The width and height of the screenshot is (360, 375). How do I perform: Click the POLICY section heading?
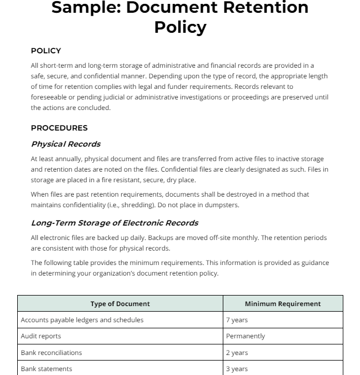point(46,51)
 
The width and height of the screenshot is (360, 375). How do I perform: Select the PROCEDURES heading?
point(59,128)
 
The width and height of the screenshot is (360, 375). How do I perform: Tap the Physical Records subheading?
point(66,144)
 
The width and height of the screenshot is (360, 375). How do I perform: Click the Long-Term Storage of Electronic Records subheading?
point(114,223)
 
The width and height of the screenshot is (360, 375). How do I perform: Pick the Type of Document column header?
point(120,304)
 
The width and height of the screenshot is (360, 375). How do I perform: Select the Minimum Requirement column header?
point(283,304)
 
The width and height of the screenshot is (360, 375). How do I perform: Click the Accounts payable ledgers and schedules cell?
point(82,320)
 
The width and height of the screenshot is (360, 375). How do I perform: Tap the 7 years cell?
point(237,320)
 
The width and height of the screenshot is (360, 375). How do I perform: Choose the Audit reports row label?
point(41,336)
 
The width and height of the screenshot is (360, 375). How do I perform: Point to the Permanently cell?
point(246,336)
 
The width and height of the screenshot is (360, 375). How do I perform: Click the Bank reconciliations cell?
point(51,353)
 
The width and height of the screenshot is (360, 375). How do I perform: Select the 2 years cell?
point(237,353)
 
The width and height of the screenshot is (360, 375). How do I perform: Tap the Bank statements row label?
point(46,369)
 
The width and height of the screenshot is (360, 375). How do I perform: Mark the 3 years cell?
point(237,369)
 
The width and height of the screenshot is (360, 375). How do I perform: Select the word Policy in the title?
point(180,27)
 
